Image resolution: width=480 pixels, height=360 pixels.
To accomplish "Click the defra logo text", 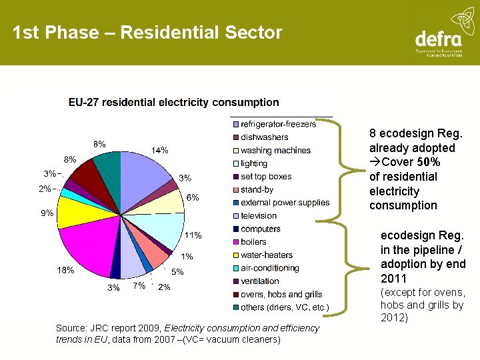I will tap(438, 38).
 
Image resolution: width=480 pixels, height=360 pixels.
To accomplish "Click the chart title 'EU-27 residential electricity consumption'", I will tap(173, 102).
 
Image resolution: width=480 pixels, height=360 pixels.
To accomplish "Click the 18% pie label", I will tap(65, 270).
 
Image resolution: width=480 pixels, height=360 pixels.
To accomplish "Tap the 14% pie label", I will tap(159, 150).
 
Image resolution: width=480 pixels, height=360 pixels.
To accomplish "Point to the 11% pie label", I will tap(193, 235).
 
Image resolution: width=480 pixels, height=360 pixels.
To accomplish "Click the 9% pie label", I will tap(47, 214).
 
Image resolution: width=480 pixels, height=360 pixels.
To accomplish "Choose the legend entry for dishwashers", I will tap(265, 137).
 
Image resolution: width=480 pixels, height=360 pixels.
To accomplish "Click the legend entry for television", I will tap(259, 215).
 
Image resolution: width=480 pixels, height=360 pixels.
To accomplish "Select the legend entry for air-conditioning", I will tap(269, 268).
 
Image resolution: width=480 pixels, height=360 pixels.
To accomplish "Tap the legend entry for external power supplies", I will tap(285, 203).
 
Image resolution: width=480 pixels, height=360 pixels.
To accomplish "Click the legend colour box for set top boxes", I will tap(235, 177).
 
